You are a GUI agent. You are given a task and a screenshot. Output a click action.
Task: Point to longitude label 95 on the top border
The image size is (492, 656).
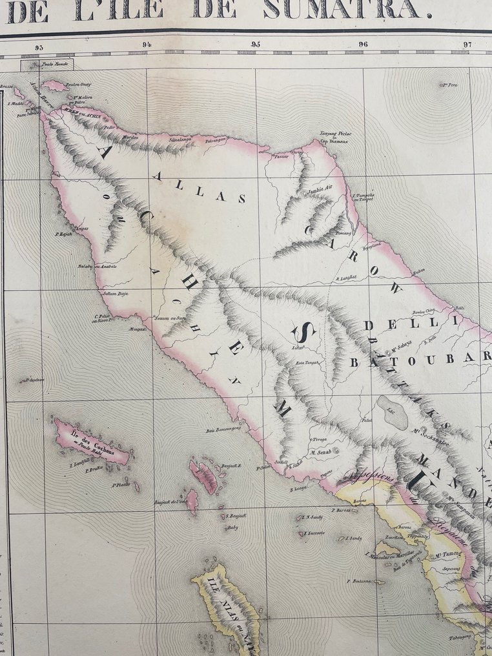[255, 45]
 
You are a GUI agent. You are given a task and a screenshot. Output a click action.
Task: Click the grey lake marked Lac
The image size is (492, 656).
[393, 413]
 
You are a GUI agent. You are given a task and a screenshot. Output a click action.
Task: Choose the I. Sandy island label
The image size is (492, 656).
[354, 537]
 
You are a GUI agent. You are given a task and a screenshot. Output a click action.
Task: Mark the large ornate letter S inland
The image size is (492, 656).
[301, 333]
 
